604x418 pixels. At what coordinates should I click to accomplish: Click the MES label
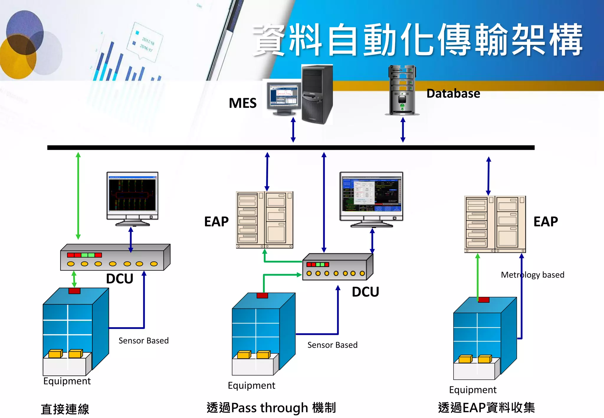[242, 103]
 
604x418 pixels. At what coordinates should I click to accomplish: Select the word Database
[453, 93]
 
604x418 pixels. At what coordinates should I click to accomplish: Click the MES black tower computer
[317, 94]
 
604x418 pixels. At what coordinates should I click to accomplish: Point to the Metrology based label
[532, 275]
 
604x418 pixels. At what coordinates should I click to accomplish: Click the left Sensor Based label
[143, 341]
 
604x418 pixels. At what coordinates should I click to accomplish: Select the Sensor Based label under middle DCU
[332, 345]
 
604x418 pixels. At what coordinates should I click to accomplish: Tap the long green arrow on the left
[78, 196]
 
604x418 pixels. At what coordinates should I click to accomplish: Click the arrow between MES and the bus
[293, 130]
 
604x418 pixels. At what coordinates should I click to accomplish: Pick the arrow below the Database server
[403, 130]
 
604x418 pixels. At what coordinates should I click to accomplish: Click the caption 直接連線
[65, 409]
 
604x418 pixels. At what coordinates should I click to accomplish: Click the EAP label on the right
[546, 222]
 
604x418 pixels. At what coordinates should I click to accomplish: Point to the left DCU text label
[119, 279]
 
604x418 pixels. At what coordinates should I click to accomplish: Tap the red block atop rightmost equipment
[483, 300]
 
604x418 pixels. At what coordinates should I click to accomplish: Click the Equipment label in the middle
[251, 386]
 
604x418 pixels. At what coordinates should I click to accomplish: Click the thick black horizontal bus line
[290, 147]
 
